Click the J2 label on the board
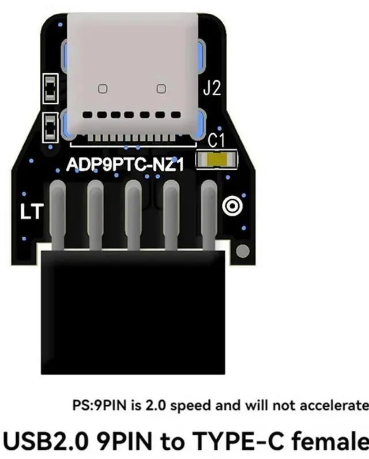pos(212,89)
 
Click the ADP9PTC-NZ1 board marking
pos(125,165)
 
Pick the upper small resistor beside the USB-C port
pos(50,87)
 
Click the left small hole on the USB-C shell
pos(103,88)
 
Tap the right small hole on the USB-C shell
pos(161,88)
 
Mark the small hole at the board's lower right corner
pos(243,251)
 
